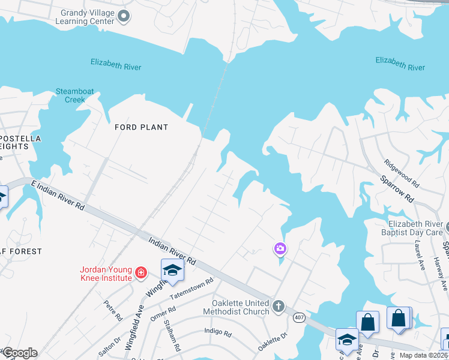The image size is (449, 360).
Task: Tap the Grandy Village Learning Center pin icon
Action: (x=124, y=16)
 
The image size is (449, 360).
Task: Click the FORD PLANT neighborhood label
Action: (x=142, y=127)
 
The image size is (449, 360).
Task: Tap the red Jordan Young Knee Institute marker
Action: (x=141, y=273)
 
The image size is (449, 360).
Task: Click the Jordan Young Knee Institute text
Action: (x=106, y=274)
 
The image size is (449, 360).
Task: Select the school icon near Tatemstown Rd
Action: (x=172, y=269)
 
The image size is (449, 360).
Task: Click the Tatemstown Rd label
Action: (x=191, y=289)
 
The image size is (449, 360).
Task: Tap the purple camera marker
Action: (x=280, y=248)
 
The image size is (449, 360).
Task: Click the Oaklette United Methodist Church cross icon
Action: (x=278, y=307)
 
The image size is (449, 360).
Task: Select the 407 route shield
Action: (x=298, y=316)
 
